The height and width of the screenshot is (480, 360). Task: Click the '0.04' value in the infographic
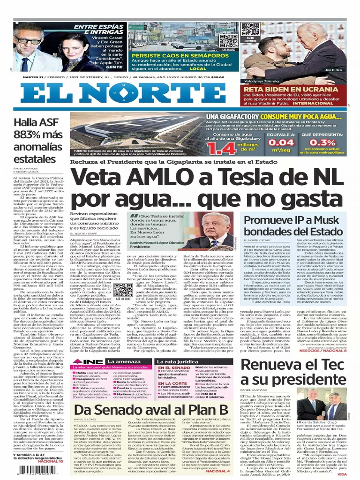(x=293, y=142)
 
